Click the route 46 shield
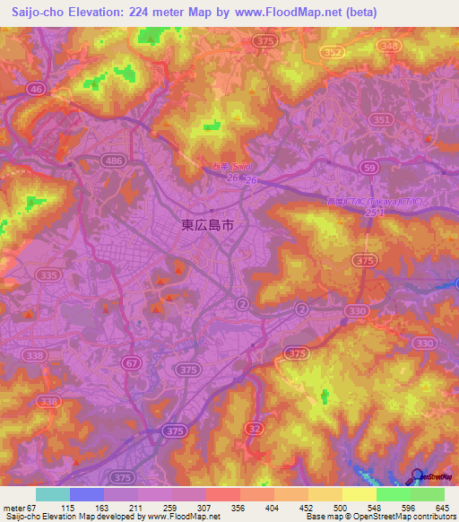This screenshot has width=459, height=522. click(x=35, y=89)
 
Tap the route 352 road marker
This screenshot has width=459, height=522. click(x=333, y=53)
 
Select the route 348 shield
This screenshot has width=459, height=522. click(x=389, y=45)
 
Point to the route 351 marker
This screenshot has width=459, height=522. click(x=382, y=119)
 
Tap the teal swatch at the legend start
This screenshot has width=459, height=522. click(x=53, y=494)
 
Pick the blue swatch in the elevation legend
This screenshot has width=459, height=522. click(x=87, y=494)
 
